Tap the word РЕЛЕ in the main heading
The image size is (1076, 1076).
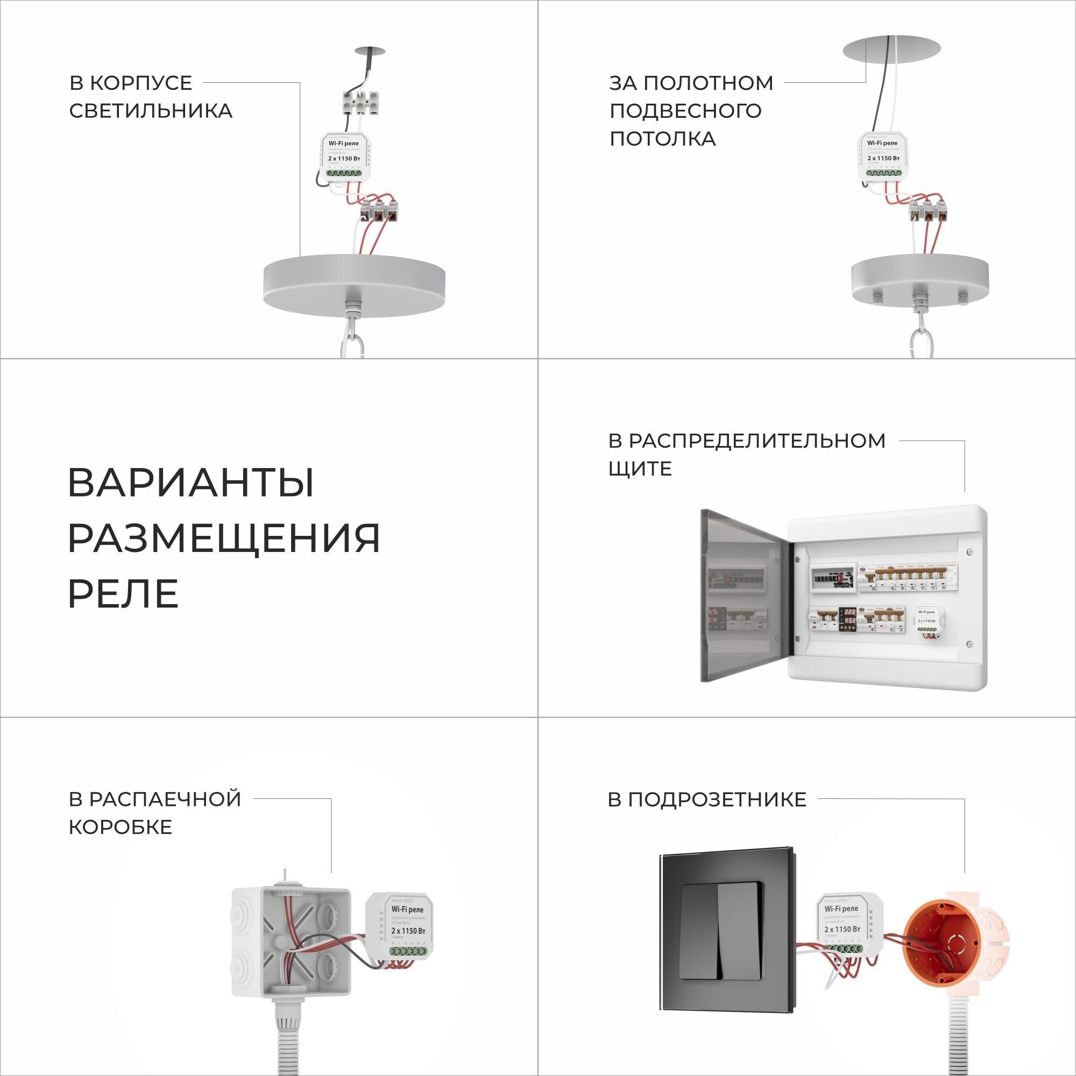(x=123, y=594)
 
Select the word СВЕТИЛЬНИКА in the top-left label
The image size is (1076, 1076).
(x=151, y=111)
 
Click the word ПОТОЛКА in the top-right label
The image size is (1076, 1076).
(x=662, y=139)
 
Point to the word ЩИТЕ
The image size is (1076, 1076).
(x=640, y=469)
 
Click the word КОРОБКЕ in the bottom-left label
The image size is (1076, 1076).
(x=121, y=827)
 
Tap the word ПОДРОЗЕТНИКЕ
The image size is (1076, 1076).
(x=707, y=800)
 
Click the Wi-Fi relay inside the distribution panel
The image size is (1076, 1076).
(x=928, y=620)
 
